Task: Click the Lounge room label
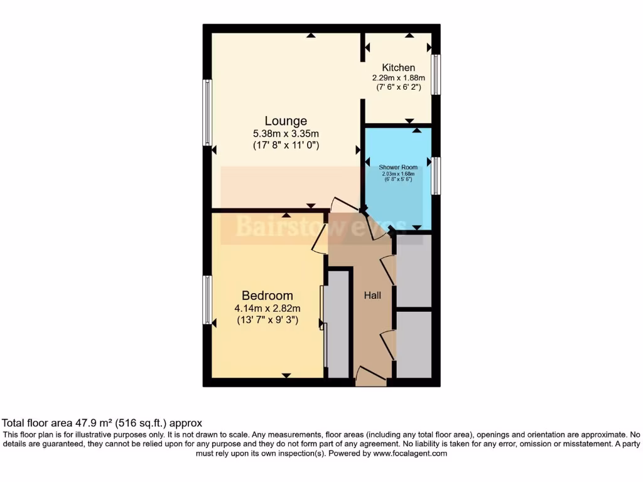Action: [286, 121]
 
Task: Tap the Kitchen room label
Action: [399, 68]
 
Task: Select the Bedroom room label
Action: [267, 296]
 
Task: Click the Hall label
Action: [373, 295]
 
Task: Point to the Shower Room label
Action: [398, 168]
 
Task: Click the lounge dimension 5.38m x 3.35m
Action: [286, 134]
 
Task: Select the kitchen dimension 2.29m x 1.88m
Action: [399, 78]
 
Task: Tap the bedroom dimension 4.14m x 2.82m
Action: [267, 308]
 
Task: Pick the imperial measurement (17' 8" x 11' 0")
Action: [286, 146]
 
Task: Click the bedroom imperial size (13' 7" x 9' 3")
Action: [267, 320]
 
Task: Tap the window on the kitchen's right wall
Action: [435, 75]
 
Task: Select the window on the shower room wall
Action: [435, 176]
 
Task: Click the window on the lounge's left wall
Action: [207, 113]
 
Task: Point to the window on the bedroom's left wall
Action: [207, 300]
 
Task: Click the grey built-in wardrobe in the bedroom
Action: [338, 323]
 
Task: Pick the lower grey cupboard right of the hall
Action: [414, 345]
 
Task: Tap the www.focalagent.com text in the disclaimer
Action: [411, 453]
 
